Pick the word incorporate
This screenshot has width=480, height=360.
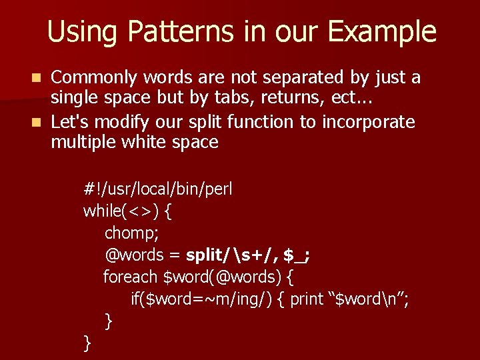[x=369, y=122]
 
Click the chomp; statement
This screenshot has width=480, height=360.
[x=131, y=234]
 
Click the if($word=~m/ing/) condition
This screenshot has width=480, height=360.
[x=199, y=299]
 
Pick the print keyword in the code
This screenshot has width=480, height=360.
[x=307, y=299]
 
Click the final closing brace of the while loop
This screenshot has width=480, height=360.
[x=87, y=343]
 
